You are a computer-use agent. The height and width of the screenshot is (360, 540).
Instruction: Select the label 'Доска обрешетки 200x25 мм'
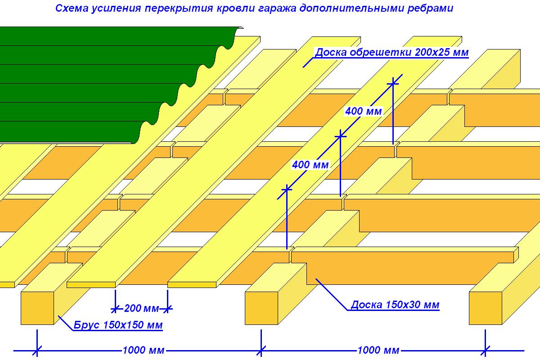click(392, 52)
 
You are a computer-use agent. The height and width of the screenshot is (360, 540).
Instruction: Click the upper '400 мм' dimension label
click(363, 111)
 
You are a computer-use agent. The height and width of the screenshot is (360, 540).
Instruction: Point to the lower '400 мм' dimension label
click(310, 165)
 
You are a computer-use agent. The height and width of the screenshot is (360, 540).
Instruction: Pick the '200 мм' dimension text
click(141, 308)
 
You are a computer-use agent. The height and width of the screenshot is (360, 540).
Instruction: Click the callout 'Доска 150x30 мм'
click(395, 305)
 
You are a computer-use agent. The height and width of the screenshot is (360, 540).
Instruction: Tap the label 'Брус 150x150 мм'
click(118, 325)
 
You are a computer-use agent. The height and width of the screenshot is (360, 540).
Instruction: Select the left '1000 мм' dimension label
click(144, 350)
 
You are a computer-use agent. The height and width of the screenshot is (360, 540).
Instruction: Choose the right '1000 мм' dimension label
click(378, 350)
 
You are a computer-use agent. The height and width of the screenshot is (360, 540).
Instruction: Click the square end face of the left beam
click(37, 308)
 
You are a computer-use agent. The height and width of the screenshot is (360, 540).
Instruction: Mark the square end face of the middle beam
click(261, 308)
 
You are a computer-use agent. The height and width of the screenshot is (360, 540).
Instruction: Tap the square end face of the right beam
click(486, 308)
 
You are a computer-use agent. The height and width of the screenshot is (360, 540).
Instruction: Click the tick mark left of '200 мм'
click(115, 309)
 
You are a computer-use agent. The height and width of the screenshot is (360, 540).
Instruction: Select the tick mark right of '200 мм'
click(167, 309)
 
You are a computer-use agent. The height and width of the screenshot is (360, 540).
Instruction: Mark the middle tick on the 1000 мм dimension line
click(261, 351)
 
